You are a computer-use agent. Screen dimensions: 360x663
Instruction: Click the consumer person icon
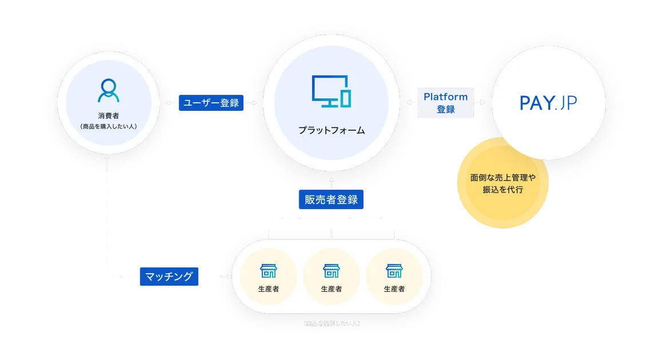point(109,90)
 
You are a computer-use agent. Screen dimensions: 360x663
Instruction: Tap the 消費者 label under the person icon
point(109,115)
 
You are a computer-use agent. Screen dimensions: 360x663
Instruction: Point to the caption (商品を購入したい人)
point(109,126)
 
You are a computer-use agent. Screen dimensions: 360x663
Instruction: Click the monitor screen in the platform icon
point(326,89)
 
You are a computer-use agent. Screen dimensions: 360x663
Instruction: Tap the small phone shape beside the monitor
point(345,98)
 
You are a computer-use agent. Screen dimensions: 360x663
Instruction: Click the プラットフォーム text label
point(331,130)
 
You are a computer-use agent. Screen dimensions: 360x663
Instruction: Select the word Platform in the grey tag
point(445,97)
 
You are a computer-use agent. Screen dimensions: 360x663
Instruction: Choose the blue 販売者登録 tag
point(331,199)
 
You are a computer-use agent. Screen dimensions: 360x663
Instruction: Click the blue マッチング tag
point(169,277)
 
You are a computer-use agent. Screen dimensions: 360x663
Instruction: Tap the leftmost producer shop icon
point(267,270)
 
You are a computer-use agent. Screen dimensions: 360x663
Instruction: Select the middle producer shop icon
point(331,270)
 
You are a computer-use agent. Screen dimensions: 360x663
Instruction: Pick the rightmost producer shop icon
point(394,270)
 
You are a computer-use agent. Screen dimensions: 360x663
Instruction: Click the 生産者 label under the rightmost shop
point(394,289)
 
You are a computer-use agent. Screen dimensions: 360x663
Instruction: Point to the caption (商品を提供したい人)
point(331,324)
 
